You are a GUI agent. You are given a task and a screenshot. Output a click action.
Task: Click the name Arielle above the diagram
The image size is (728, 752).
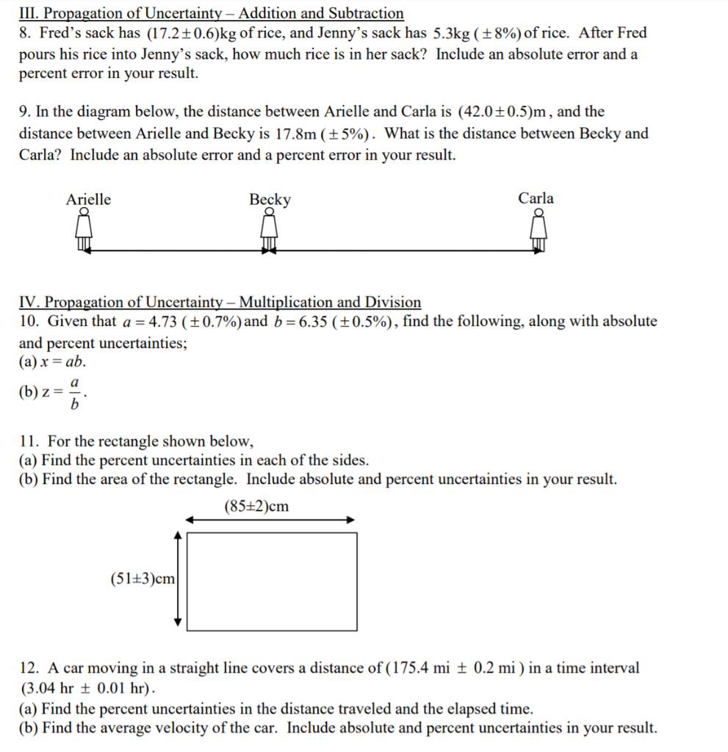pyautogui.click(x=89, y=199)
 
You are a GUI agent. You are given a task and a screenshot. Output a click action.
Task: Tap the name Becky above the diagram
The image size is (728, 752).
pyautogui.click(x=270, y=200)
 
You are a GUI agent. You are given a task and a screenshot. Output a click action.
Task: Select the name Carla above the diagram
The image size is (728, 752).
pyautogui.click(x=536, y=198)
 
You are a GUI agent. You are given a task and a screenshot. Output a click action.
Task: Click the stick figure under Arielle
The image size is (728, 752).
pyautogui.click(x=84, y=230)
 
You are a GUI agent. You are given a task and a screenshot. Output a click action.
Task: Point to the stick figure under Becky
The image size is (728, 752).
pyautogui.click(x=270, y=231)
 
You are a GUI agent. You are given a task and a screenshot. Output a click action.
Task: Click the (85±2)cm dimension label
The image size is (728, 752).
pyautogui.click(x=256, y=507)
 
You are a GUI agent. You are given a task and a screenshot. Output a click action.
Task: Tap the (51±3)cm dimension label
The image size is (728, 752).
pyautogui.click(x=143, y=579)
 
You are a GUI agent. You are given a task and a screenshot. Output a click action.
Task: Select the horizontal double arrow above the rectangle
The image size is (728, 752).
pyautogui.click(x=270, y=520)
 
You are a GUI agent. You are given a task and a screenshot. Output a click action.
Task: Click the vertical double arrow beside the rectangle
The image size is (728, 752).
pyautogui.click(x=177, y=579)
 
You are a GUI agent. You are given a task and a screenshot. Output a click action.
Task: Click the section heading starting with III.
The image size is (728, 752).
pyautogui.click(x=212, y=13)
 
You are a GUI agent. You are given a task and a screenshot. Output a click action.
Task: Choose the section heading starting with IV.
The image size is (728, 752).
pyautogui.click(x=220, y=303)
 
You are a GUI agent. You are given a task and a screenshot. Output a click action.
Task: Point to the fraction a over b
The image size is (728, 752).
pyautogui.click(x=74, y=394)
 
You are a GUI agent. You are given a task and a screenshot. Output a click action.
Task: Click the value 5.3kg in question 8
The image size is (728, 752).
pyautogui.click(x=450, y=34)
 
